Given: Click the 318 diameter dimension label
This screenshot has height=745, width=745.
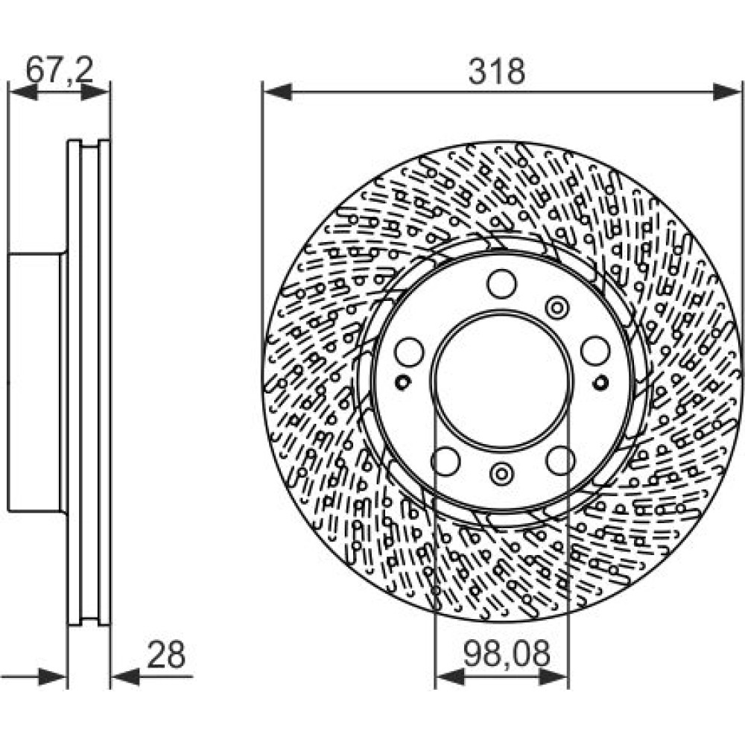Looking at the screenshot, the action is coord(497,72).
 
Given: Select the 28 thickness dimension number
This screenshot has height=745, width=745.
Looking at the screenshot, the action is coord(166,655).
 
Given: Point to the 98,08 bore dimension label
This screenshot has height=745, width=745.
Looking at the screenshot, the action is coord(507,653).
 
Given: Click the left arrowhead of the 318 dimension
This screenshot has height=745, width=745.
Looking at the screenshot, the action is coord(278,92).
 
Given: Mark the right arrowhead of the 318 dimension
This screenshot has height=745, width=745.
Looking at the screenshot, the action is coord(727,92).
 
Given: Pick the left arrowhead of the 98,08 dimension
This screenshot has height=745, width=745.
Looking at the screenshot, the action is coord(450,676).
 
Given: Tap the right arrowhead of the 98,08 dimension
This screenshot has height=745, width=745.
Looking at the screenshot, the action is coord(554,676).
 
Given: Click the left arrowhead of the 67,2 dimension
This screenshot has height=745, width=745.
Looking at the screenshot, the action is coord(24,92).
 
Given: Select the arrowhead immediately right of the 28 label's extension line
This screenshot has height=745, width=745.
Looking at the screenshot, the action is coord(125,676).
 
